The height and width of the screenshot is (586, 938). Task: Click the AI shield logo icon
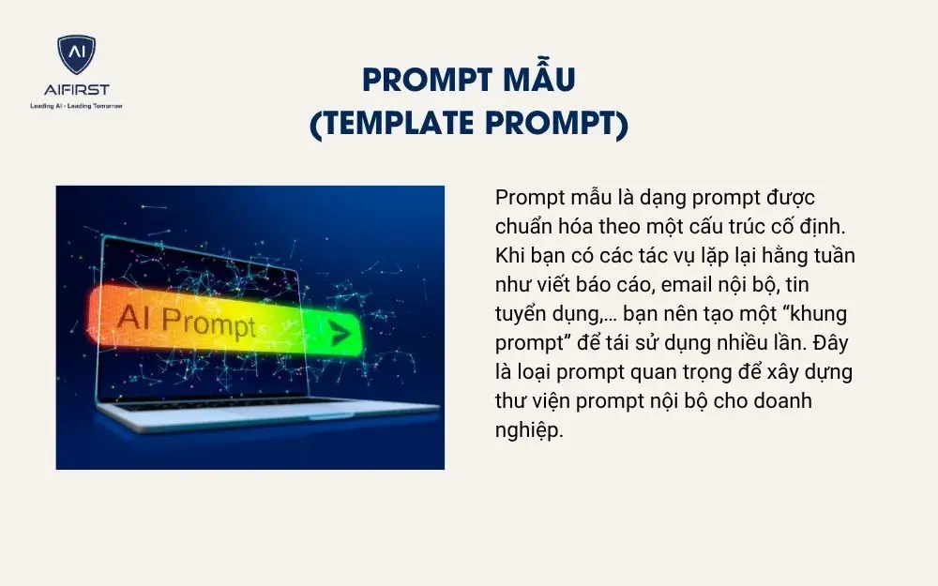76,55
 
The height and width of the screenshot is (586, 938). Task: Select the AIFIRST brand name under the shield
76,90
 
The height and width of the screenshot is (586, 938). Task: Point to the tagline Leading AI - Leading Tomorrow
76,105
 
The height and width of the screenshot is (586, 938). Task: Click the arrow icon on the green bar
339,332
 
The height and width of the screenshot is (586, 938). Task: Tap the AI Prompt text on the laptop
187,321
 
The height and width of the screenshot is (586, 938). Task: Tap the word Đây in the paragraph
832,342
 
